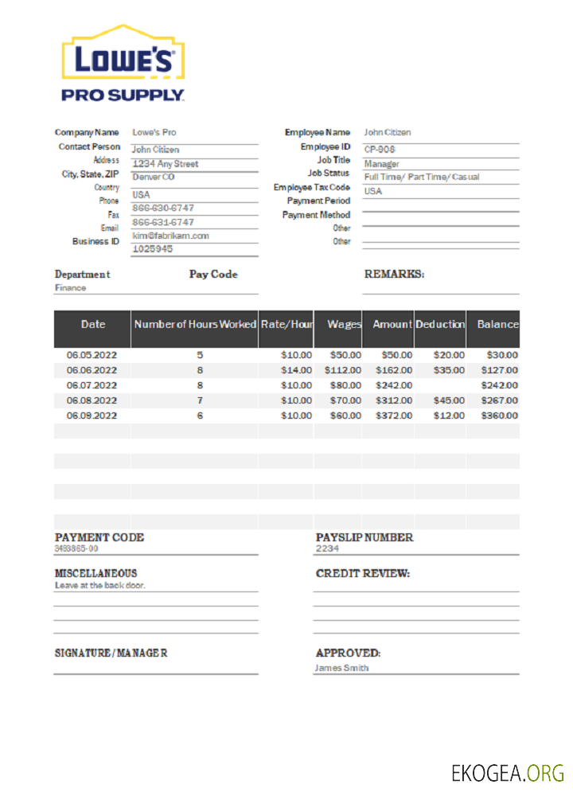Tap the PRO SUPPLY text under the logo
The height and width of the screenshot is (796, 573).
pos(123,96)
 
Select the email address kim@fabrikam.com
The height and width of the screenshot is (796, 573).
pos(170,236)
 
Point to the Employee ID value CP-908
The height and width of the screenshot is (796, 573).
pos(380,150)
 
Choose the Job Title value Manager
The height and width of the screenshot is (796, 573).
pos(382,164)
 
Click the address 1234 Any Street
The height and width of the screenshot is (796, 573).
pos(166,164)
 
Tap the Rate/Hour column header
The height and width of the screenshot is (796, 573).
pos(286,325)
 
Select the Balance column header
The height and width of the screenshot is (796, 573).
pos(497,325)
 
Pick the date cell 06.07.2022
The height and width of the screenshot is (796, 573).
pos(92,385)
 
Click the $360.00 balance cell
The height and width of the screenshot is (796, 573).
pos(499,416)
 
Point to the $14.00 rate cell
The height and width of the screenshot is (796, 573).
pos(296,370)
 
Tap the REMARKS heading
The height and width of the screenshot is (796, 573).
pos(394,274)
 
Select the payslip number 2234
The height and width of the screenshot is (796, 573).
pos(327,548)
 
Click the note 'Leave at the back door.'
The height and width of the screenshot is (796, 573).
pos(100,585)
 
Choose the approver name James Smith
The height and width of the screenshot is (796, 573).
pos(341,668)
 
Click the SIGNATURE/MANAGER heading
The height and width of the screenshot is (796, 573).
pos(111,653)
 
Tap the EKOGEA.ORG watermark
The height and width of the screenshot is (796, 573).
pos(507,772)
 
